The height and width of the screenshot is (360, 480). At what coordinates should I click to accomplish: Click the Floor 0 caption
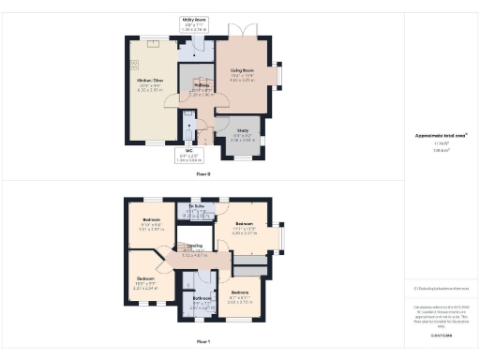point(202,174)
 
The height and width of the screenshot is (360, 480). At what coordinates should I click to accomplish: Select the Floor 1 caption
point(202,341)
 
